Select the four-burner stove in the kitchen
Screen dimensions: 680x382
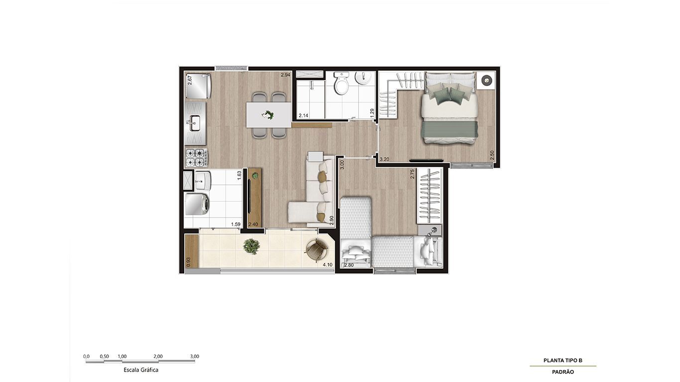coord(197,158)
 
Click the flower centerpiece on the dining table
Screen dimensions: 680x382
coord(268,115)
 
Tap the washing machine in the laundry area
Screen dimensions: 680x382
coord(197,203)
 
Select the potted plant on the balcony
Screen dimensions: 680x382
coord(251,246)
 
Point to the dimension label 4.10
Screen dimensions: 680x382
coord(328,265)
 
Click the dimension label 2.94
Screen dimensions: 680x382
coord(285,75)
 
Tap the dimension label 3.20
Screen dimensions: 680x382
coord(384,159)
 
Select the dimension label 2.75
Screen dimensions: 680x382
coord(412,174)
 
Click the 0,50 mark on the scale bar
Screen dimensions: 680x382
coord(104,357)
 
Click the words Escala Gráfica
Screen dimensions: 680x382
coord(141,370)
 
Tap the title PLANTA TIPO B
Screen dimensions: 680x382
coord(563,361)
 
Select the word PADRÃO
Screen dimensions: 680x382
coord(563,372)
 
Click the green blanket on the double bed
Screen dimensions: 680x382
coord(450,129)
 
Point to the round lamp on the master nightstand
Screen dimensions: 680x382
coord(486,80)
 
